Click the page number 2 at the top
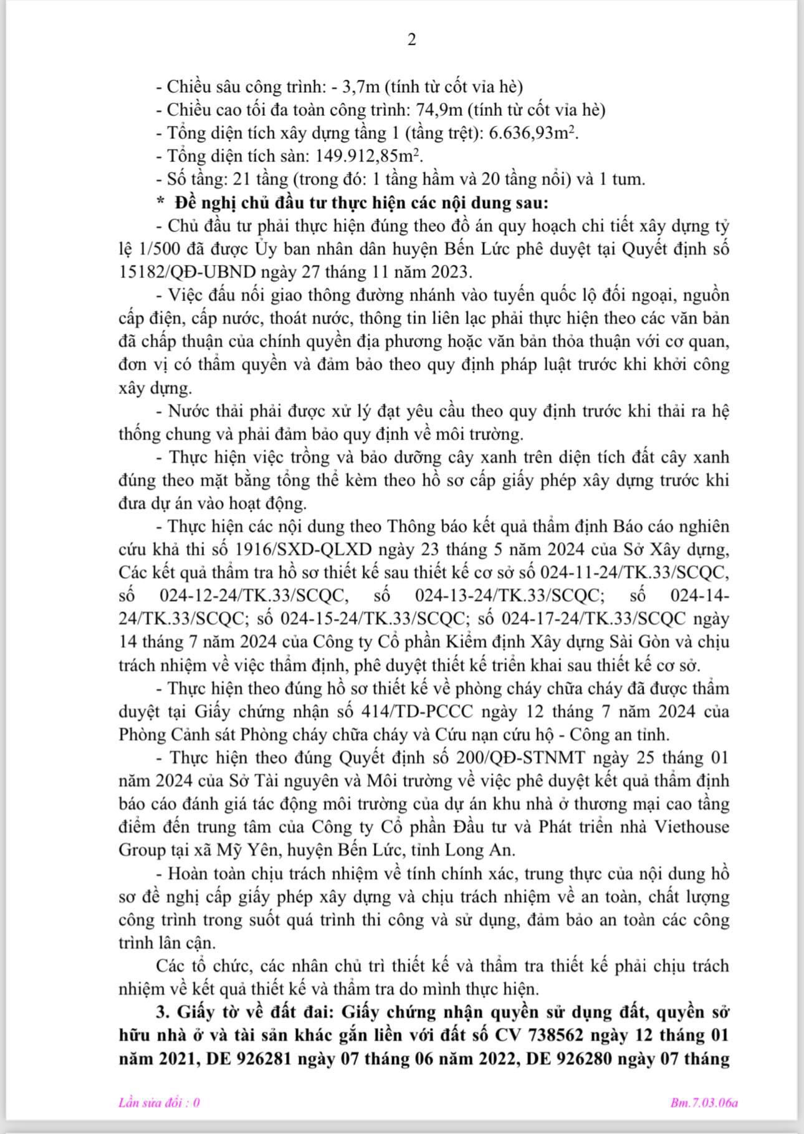(x=411, y=40)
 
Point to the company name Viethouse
(x=691, y=827)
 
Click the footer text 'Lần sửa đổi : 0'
(x=160, y=1103)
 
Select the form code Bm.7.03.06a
(x=704, y=1103)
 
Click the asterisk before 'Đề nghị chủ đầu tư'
(x=161, y=203)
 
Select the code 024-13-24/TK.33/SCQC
(x=509, y=596)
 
